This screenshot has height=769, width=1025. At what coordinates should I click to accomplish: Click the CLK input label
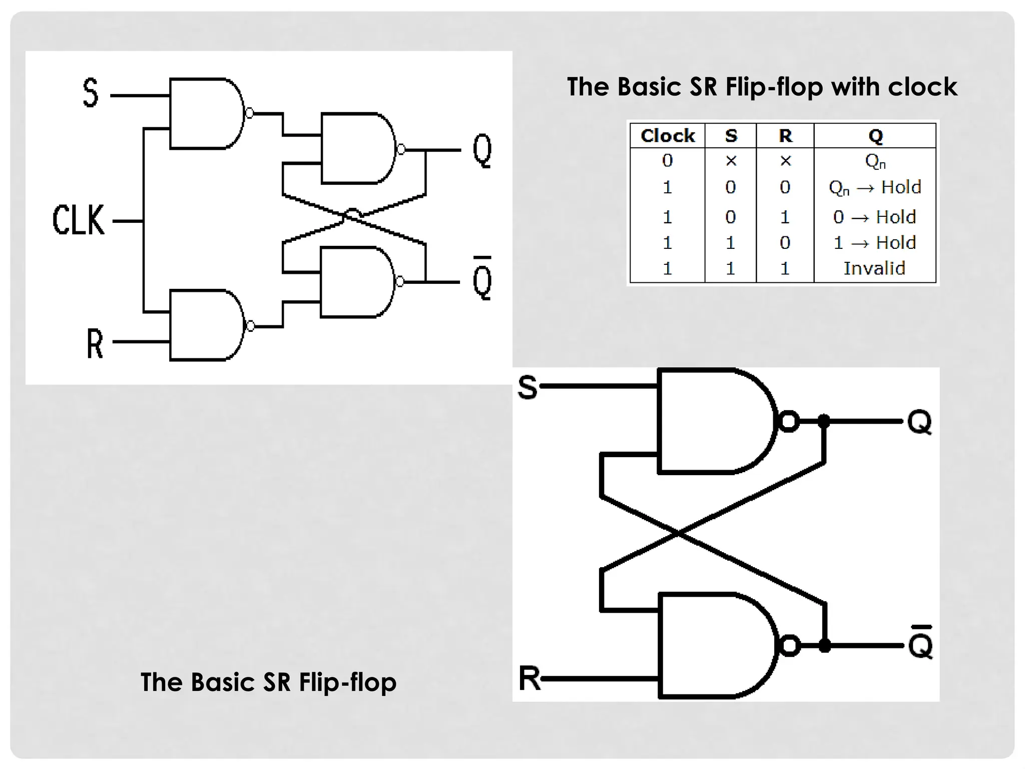79,220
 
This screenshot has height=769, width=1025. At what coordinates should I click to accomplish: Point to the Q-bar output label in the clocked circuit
482,280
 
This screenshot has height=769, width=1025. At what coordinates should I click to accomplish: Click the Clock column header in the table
668,136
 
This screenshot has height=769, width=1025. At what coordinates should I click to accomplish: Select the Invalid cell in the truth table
874,268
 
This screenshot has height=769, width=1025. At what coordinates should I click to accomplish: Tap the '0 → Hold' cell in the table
874,217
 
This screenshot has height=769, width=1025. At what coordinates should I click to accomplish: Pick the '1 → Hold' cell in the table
874,243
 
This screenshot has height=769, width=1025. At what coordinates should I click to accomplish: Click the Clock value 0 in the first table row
667,161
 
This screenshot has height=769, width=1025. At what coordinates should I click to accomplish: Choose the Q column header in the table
875,136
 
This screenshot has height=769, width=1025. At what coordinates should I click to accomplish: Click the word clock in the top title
922,87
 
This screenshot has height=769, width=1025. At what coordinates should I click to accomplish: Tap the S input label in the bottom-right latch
528,387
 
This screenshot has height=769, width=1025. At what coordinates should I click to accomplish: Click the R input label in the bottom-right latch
530,678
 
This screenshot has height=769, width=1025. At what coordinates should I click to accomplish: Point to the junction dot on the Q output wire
824,421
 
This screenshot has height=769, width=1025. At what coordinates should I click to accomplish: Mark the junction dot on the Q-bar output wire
824,646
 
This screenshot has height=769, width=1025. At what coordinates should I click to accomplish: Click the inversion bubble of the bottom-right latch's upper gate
789,421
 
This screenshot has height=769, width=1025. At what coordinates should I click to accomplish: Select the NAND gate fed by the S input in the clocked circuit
205,114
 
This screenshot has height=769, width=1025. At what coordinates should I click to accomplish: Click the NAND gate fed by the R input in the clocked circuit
205,325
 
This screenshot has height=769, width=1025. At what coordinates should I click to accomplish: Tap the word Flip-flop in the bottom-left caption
348,682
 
